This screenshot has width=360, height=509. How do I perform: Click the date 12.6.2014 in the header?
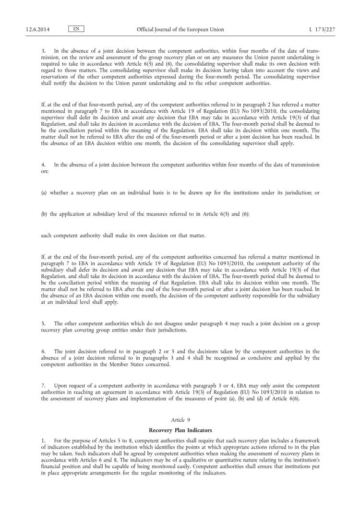tap(36, 29)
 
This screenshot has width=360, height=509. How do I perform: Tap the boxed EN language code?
tap(76, 29)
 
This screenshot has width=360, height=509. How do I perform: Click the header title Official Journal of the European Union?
tap(180, 29)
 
